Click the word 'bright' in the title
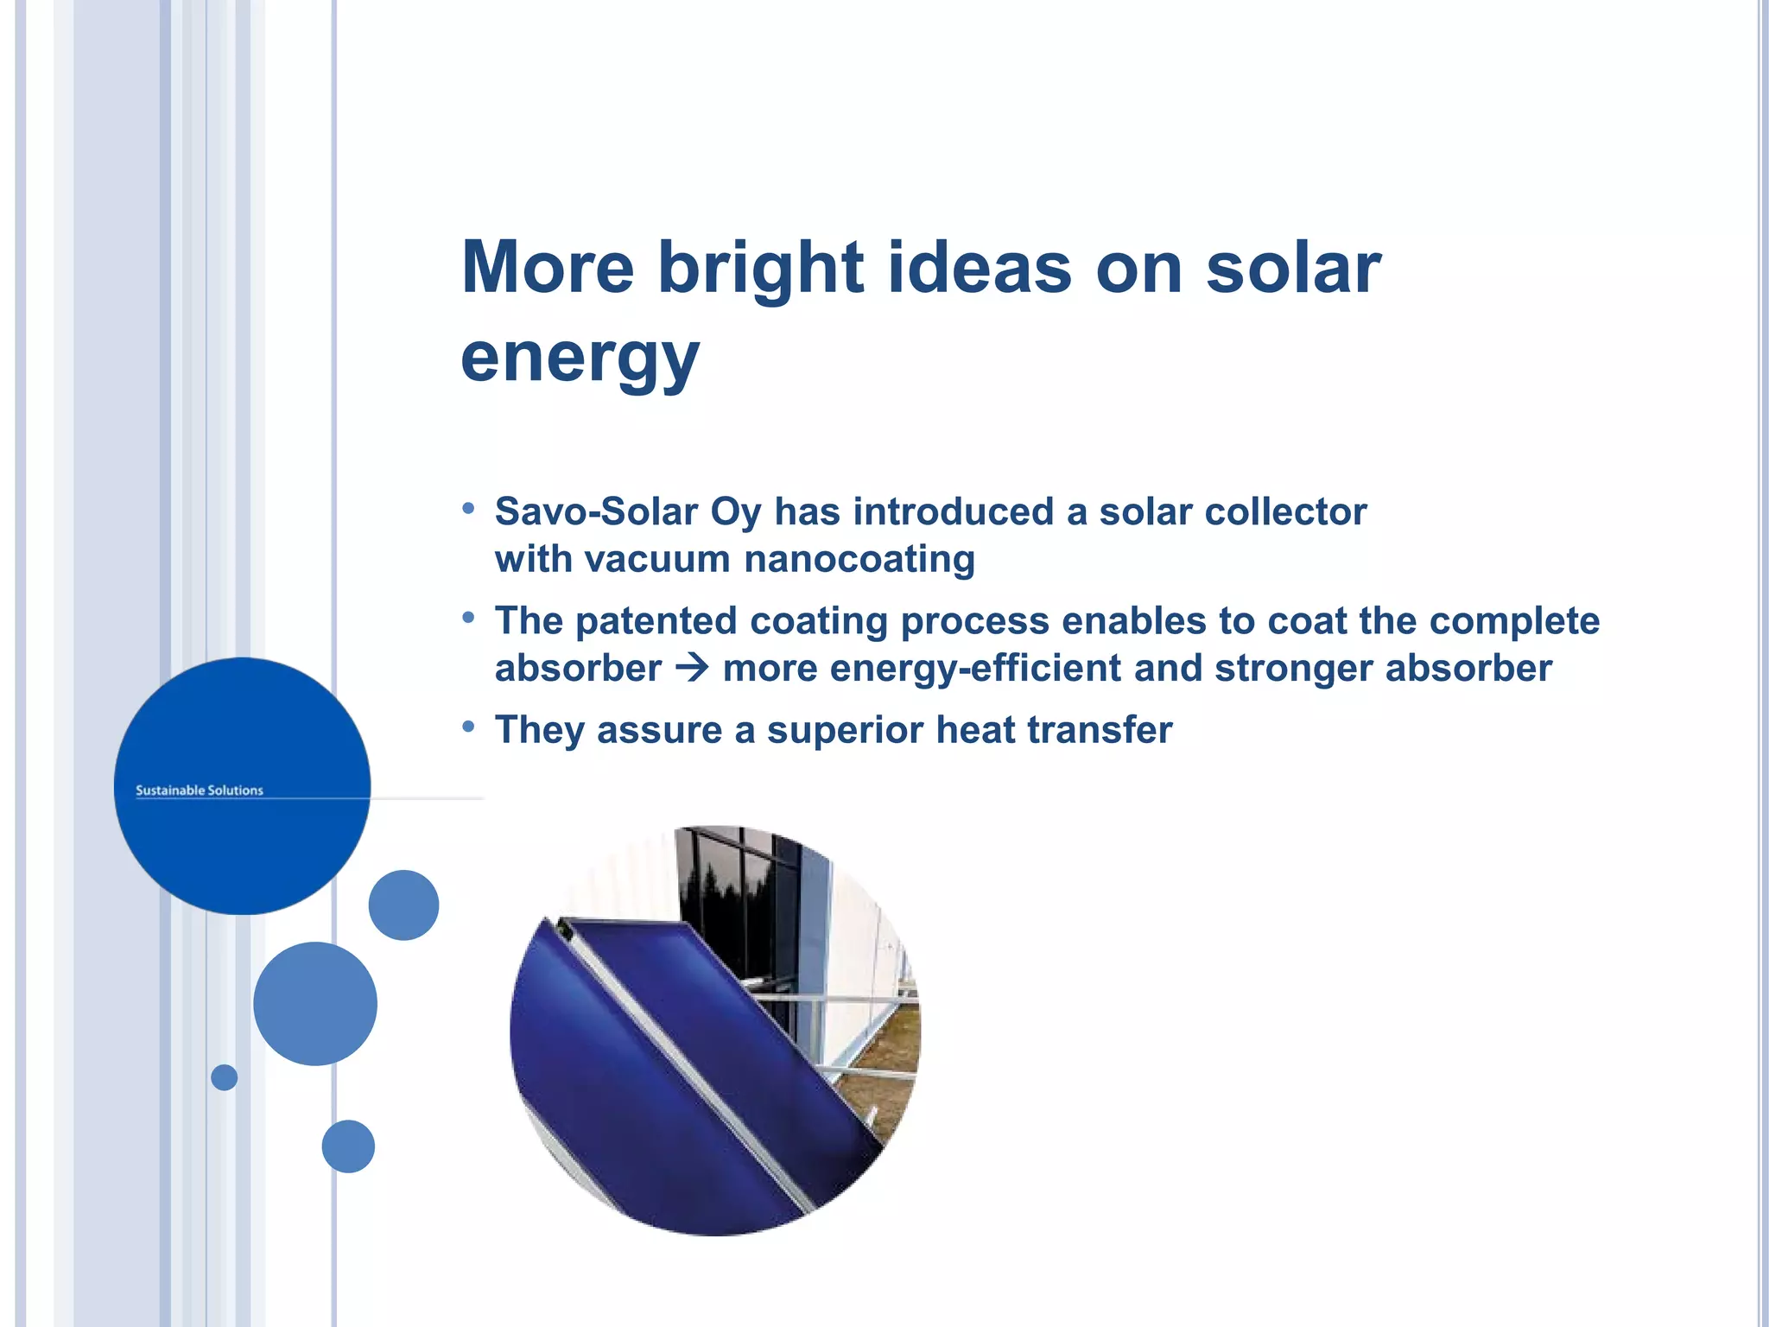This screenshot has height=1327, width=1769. click(x=760, y=268)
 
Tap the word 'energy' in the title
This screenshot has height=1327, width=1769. click(x=580, y=358)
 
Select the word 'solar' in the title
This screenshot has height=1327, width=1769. click(x=1293, y=268)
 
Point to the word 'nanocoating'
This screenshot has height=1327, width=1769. click(x=859, y=559)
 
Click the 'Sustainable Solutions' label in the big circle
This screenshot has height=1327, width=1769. click(x=200, y=790)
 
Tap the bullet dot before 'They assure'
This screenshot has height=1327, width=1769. click(x=468, y=727)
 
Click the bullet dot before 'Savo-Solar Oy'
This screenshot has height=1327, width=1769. click(x=468, y=508)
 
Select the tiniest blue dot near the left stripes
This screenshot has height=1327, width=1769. click(x=224, y=1077)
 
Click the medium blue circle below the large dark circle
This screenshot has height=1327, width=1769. click(x=315, y=1003)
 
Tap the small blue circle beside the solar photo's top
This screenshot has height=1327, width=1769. click(x=403, y=905)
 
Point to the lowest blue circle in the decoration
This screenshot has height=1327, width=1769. click(x=348, y=1146)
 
